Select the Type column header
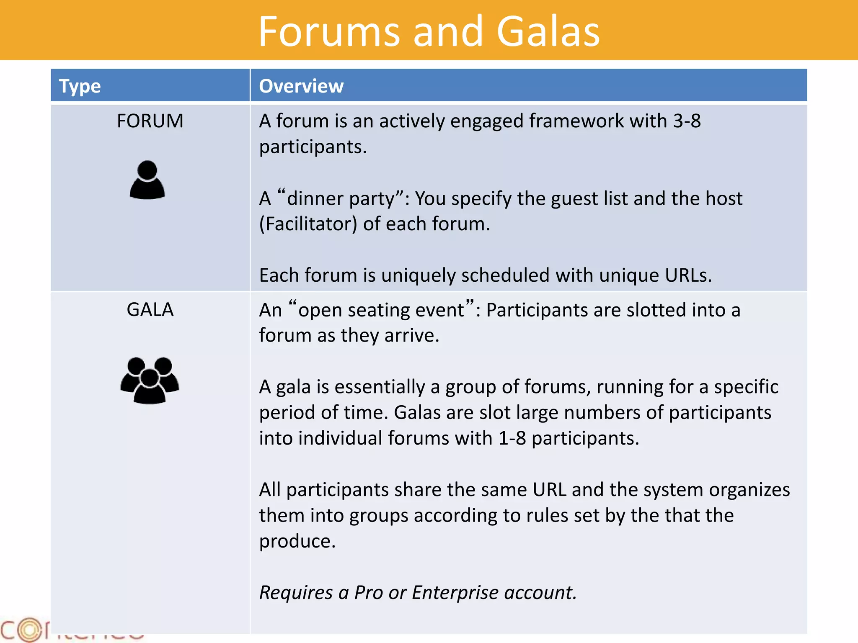click(80, 86)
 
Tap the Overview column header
click(301, 86)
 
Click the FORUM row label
click(150, 121)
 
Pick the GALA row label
click(150, 310)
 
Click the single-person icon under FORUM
click(147, 180)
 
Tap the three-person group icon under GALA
click(150, 380)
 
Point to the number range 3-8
click(687, 121)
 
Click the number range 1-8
click(512, 438)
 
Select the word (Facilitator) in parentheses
click(308, 224)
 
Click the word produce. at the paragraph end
click(297, 542)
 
